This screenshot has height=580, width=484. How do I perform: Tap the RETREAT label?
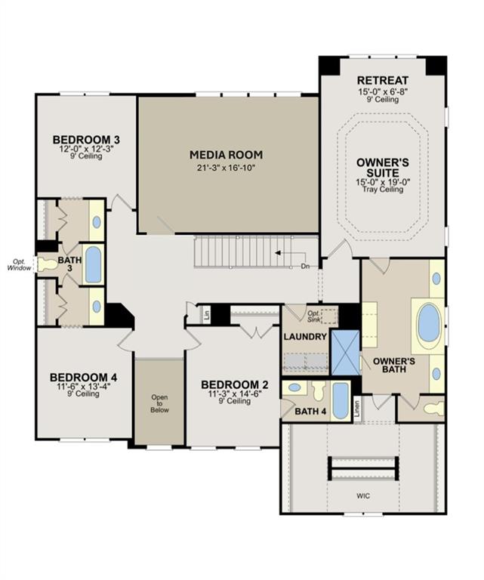[x=383, y=81]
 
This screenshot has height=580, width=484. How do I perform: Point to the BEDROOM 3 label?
[x=87, y=140]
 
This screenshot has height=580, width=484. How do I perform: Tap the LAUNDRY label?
[x=306, y=336]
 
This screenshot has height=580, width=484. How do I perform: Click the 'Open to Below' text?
[x=159, y=403]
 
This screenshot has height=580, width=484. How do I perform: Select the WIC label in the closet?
[x=364, y=495]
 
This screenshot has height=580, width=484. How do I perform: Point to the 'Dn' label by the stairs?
[x=305, y=266]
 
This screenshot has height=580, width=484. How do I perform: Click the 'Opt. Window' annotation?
[x=18, y=264]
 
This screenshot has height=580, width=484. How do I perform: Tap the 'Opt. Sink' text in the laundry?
[x=314, y=315]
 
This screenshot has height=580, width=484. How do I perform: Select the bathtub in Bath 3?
[x=93, y=264]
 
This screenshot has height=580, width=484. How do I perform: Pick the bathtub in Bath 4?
[x=341, y=400]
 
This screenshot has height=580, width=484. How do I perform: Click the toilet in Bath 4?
[x=318, y=390]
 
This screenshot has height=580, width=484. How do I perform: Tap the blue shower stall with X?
[x=345, y=351]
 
